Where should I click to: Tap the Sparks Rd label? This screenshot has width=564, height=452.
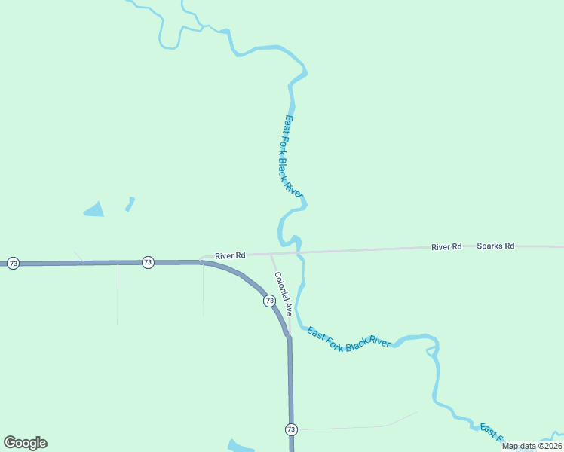coord(495,246)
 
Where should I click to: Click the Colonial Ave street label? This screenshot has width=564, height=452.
coord(283,293)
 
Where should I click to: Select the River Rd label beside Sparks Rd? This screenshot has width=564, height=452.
coord(446,247)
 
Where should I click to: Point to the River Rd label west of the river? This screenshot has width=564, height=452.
coord(230,256)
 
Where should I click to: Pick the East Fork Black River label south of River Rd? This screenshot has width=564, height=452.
coord(349,337)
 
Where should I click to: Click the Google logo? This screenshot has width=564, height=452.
coord(25,443)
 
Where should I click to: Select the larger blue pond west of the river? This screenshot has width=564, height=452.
coord(94,209)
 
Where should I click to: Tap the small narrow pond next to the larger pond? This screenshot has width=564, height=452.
coord(130,203)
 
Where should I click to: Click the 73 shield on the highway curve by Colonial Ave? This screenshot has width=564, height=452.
coord(269,301)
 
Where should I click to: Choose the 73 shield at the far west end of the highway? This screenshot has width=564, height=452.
coord(13,263)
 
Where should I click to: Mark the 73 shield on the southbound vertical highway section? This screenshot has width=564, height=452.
coord(291,429)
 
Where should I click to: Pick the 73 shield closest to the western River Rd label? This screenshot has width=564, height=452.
coord(148,262)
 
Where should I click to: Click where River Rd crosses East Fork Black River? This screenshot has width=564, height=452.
coord(299,252)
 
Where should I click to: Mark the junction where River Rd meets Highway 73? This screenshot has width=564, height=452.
coord(201,260)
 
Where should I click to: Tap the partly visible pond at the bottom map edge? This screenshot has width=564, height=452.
coord(241,446)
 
